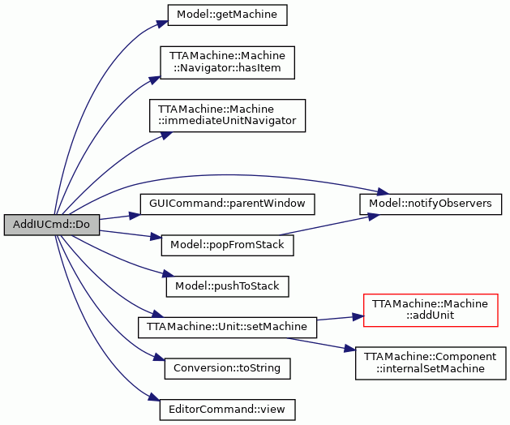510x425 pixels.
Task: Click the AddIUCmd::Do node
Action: (52, 225)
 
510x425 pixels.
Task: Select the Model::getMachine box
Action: (227, 15)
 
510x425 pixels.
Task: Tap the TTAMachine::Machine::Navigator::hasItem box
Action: (227, 62)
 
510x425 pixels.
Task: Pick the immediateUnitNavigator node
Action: (227, 115)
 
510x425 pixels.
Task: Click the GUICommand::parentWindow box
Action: (227, 204)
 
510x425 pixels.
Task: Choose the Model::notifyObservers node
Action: (431, 204)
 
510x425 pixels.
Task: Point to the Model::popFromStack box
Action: (227, 246)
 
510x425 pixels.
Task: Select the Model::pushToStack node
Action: (227, 286)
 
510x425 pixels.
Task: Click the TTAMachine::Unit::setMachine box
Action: (227, 328)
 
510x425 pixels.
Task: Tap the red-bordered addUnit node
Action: (431, 310)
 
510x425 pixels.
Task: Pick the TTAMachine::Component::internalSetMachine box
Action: (431, 363)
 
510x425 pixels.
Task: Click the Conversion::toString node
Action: (227, 369)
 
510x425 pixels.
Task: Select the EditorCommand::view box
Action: (227, 410)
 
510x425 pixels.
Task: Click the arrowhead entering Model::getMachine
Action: (162, 24)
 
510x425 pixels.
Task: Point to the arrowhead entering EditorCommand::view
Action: (155, 398)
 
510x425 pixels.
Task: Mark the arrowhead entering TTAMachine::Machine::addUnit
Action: (358, 316)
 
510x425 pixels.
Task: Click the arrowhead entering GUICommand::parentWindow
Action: (135, 216)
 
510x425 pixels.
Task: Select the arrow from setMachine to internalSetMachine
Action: (320, 344)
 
